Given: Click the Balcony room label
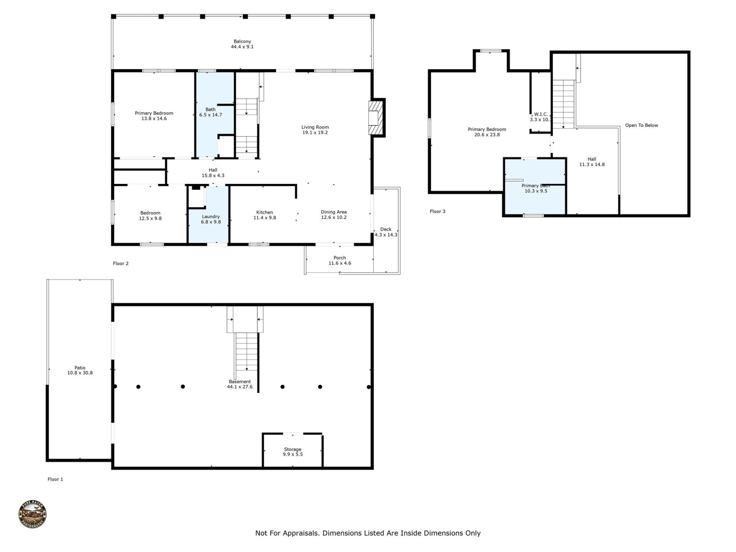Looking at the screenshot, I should (x=242, y=41).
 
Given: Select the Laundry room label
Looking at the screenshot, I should (x=210, y=217).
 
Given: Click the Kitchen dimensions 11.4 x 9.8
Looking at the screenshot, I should (x=264, y=218).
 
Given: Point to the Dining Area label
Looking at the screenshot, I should (x=333, y=212).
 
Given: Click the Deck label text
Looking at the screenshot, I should (x=386, y=229).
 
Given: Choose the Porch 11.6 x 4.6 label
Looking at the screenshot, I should (x=340, y=260).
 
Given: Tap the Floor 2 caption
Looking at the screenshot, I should (x=121, y=263).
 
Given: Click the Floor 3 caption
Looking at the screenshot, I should (x=437, y=211).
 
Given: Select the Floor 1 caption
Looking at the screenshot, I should (x=55, y=479).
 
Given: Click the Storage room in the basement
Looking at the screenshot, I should (x=292, y=451).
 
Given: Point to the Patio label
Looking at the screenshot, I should (x=80, y=368).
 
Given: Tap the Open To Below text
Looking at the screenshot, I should (x=641, y=125).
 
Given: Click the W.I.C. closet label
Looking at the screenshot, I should (x=541, y=114).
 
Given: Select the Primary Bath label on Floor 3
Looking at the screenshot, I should (x=536, y=186).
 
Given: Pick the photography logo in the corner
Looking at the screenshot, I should (x=33, y=514).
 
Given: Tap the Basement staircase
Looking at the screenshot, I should (x=246, y=351).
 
